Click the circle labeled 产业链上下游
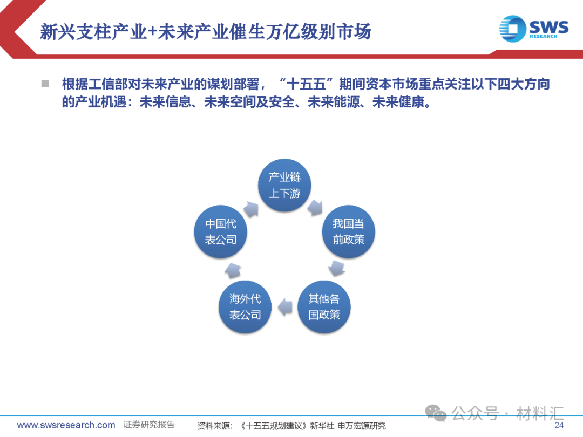(x=284, y=185)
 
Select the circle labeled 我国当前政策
(x=348, y=231)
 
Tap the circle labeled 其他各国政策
(x=324, y=306)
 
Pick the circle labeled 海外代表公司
(x=245, y=306)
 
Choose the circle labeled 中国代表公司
(x=220, y=231)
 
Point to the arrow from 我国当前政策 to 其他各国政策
(x=337, y=268)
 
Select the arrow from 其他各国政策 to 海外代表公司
(x=284, y=308)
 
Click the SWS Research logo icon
(x=512, y=29)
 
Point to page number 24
(x=559, y=425)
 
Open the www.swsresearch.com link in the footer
(x=66, y=425)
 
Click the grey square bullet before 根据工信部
(x=45, y=84)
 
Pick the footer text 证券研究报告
(x=149, y=425)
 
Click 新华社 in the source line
(x=322, y=426)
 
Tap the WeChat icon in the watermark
(x=436, y=413)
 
